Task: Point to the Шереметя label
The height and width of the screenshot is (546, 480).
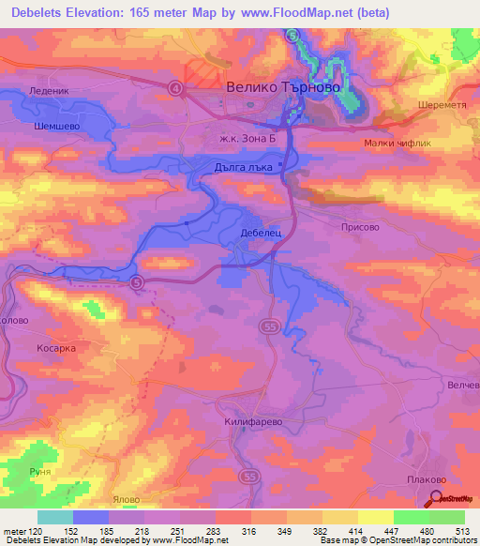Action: (x=442, y=105)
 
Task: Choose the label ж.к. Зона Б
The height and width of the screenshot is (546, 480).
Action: (x=245, y=139)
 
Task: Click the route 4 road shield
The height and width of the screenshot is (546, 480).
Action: (x=175, y=87)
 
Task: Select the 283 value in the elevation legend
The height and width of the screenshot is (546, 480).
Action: (x=196, y=530)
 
